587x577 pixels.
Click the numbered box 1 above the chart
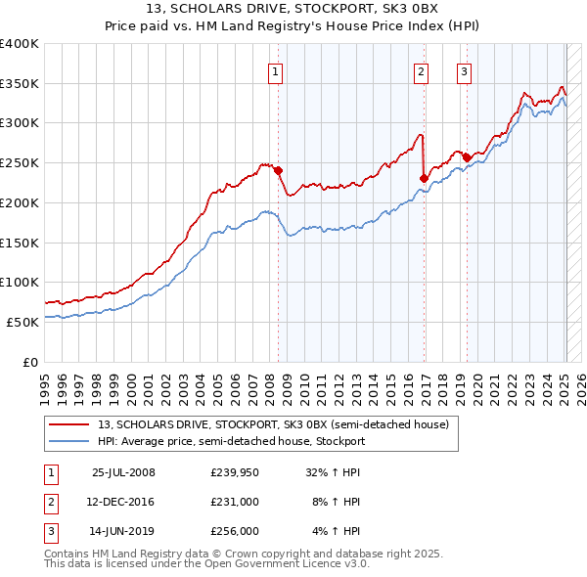276,70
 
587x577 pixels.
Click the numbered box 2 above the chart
421,70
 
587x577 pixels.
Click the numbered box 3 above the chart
464,70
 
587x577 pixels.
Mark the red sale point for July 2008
279,170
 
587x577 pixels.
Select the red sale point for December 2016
424,178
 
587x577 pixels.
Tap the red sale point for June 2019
467,157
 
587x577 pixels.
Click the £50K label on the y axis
22,321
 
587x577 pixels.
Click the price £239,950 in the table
234,472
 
